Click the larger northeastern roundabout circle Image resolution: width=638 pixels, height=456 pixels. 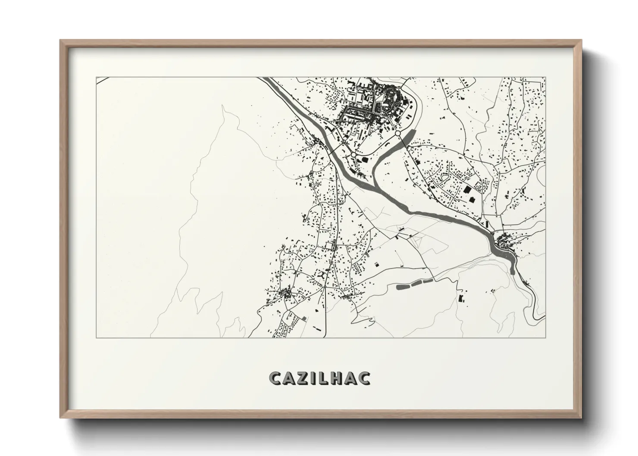[397, 134]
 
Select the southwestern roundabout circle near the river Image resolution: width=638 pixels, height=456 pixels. [353, 154]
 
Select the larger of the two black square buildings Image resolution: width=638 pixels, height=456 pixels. [467, 190]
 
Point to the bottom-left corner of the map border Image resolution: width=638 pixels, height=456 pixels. [97, 337]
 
